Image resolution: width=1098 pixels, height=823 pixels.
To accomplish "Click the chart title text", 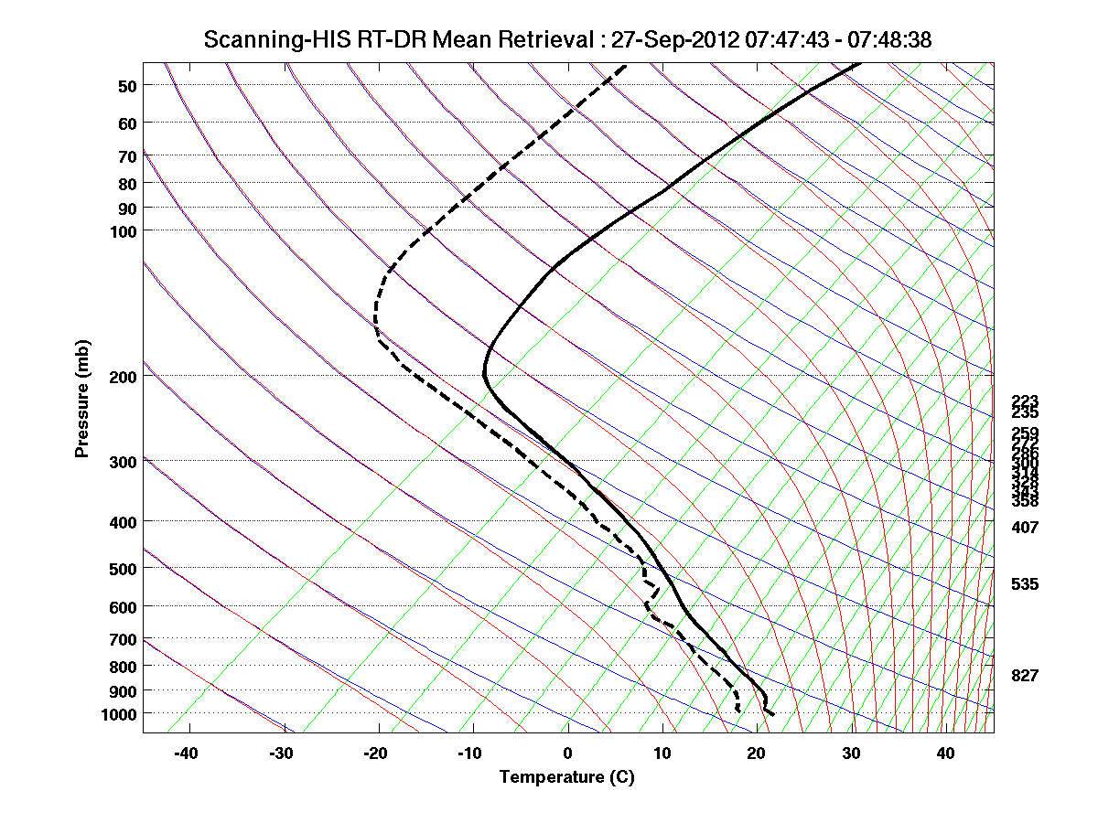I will pos(567,39).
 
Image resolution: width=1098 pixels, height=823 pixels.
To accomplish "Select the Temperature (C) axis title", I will pos(566,777).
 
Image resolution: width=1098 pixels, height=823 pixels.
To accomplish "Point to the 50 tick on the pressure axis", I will pos(127,86).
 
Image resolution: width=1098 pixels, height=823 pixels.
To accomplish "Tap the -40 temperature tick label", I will pos(187,754).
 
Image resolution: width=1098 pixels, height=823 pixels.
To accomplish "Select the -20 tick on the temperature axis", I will pos(376,754).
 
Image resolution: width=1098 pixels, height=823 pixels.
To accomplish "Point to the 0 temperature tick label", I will pos(568,754).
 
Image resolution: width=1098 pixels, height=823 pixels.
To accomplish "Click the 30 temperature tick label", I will pos(852,754).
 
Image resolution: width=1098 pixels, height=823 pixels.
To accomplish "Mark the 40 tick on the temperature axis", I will pos(946,754).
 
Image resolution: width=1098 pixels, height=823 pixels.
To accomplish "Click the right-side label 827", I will pos(1025,676).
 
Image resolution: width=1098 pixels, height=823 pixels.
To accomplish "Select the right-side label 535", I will pos(1025,584).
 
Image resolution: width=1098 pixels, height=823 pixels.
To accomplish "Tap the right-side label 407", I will pos(1025,528).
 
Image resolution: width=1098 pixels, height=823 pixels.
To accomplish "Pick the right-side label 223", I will pos(1025,401).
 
